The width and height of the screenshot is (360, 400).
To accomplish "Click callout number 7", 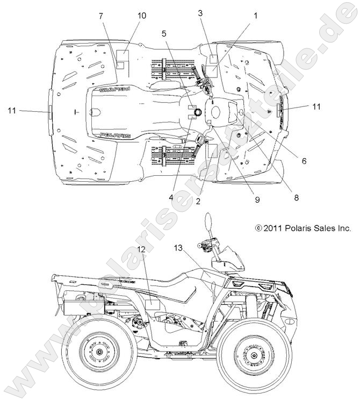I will click(x=100, y=16).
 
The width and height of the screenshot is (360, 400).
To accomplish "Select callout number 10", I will click(x=141, y=16).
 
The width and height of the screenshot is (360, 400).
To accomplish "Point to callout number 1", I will click(x=256, y=16).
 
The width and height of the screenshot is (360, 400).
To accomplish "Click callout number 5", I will click(x=164, y=32).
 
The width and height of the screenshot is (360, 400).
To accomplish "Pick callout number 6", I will click(x=304, y=161).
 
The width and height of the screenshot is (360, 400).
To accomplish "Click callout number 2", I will click(x=198, y=202).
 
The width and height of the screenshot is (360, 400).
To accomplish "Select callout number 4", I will click(x=170, y=197).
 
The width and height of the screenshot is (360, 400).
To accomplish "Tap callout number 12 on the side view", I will click(x=141, y=248).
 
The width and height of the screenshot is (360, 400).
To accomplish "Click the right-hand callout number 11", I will click(x=316, y=107).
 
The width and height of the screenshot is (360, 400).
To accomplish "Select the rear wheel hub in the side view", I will click(x=100, y=353).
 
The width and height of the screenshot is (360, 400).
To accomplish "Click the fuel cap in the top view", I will click(x=196, y=112).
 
